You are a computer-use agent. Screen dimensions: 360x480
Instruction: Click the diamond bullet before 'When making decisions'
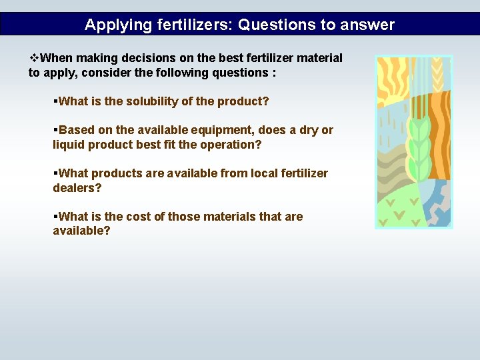point(34,58)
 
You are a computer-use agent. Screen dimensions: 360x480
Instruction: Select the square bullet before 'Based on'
point(55,130)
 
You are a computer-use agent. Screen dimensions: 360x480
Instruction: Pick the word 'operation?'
point(235,145)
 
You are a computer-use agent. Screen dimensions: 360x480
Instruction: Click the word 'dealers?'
point(77,188)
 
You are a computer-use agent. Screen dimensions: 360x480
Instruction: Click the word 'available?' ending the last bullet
point(81,231)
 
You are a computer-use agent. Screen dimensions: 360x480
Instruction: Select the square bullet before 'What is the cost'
point(55,217)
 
